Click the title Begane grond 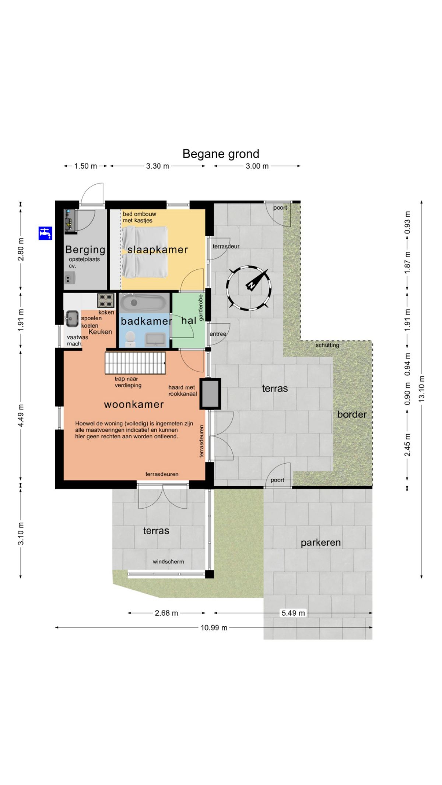(221, 154)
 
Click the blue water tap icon (45, 233)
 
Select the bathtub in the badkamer (143, 303)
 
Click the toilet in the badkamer (130, 338)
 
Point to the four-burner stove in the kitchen (106, 300)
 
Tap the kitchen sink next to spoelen (72, 319)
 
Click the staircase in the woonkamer (135, 363)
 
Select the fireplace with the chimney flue (210, 394)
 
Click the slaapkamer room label (158, 250)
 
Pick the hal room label (189, 321)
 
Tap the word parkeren (320, 542)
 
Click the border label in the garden (352, 414)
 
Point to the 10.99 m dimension (214, 627)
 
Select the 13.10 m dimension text (422, 388)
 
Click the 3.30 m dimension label (158, 166)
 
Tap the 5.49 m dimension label (293, 613)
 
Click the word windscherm (168, 562)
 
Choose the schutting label (327, 345)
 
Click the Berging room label (85, 250)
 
